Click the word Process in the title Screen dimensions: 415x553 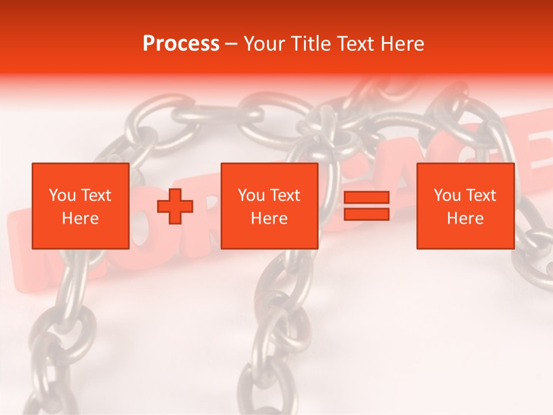click(x=181, y=44)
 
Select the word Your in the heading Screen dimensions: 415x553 click(x=264, y=44)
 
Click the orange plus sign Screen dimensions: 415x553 click(x=175, y=206)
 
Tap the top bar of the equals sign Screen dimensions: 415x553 click(x=366, y=198)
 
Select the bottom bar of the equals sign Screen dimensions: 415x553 click(x=366, y=214)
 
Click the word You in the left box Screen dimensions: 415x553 click(x=62, y=195)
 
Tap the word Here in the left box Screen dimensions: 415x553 click(x=80, y=218)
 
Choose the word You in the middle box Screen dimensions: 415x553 click(x=251, y=195)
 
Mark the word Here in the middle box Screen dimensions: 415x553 click(x=269, y=218)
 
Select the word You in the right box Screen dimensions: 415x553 click(x=447, y=195)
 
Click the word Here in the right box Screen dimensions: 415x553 click(x=465, y=218)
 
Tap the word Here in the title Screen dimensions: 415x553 click(x=403, y=44)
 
